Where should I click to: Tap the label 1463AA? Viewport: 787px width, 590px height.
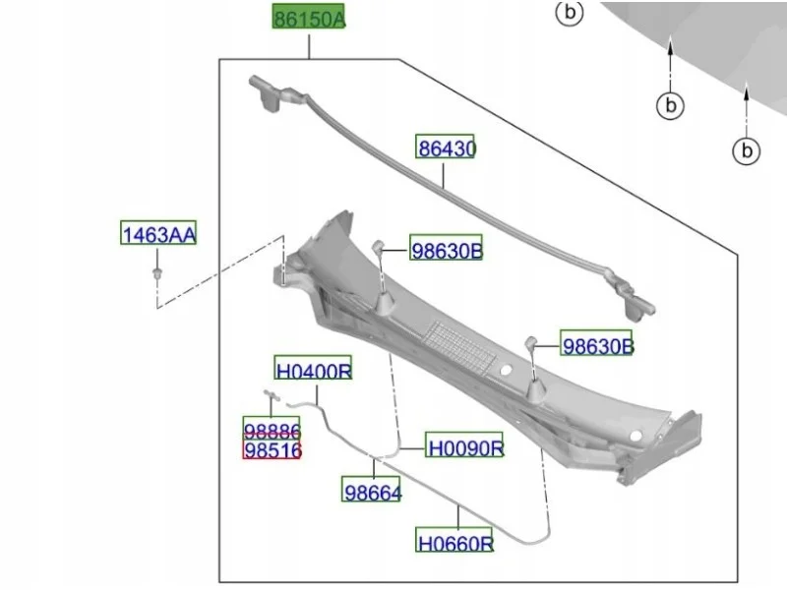(x=158, y=233)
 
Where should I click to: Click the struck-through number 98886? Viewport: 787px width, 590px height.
(x=272, y=429)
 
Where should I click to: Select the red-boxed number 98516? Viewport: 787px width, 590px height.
(x=272, y=449)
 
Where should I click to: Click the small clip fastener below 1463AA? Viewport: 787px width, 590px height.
(x=157, y=273)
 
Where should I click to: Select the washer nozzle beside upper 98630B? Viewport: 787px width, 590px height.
(x=378, y=247)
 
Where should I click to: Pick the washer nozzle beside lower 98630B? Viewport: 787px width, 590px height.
(x=531, y=343)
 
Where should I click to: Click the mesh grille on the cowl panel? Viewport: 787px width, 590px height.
(x=459, y=348)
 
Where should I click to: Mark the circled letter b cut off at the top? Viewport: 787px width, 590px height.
(x=570, y=12)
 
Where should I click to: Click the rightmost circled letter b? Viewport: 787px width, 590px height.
(x=747, y=150)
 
